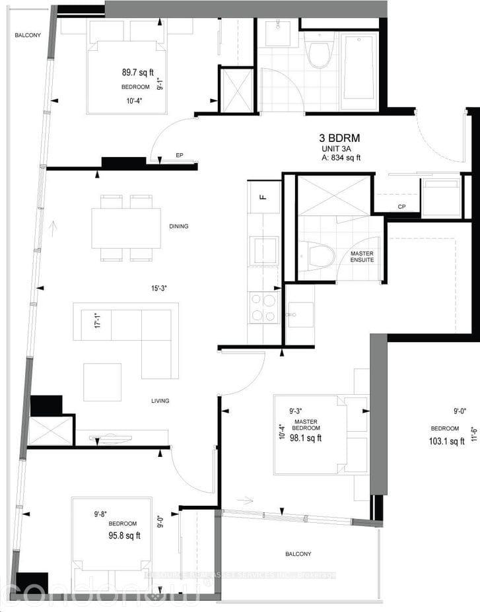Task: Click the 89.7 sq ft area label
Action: (137, 73)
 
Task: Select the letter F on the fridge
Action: (262, 197)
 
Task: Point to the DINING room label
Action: (178, 226)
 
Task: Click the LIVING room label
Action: (160, 401)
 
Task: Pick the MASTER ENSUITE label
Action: (362, 256)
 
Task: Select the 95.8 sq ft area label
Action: (124, 535)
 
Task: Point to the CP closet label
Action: (401, 207)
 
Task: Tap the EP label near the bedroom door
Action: (178, 156)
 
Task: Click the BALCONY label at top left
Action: (28, 36)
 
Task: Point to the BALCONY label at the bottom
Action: (298, 554)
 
